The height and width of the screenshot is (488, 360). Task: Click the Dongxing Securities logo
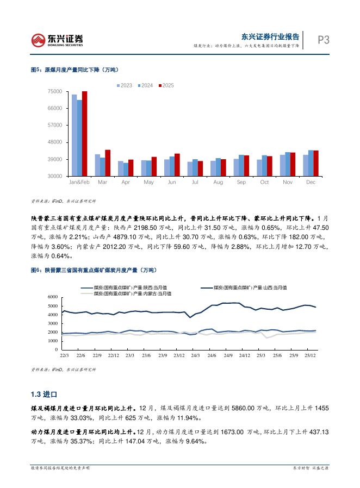pyautogui.click(x=57, y=39)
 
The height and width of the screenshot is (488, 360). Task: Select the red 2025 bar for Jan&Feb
pyautogui.click(x=85, y=133)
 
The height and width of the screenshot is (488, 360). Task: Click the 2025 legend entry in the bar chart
pyautogui.click(x=166, y=85)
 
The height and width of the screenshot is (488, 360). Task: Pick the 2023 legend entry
pyautogui.click(x=124, y=85)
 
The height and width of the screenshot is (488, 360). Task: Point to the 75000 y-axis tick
pyautogui.click(x=54, y=91)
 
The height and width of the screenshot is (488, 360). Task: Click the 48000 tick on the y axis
pyautogui.click(x=54, y=142)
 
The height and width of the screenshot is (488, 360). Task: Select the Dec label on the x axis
pyautogui.click(x=311, y=182)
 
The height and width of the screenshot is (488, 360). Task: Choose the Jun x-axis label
pyautogui.click(x=172, y=182)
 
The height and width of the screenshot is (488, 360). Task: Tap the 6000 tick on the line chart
pyautogui.click(x=53, y=297)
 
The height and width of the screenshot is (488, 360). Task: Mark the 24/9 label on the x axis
pyautogui.click(x=228, y=355)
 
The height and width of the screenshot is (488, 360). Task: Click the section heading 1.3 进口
pyautogui.click(x=44, y=394)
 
